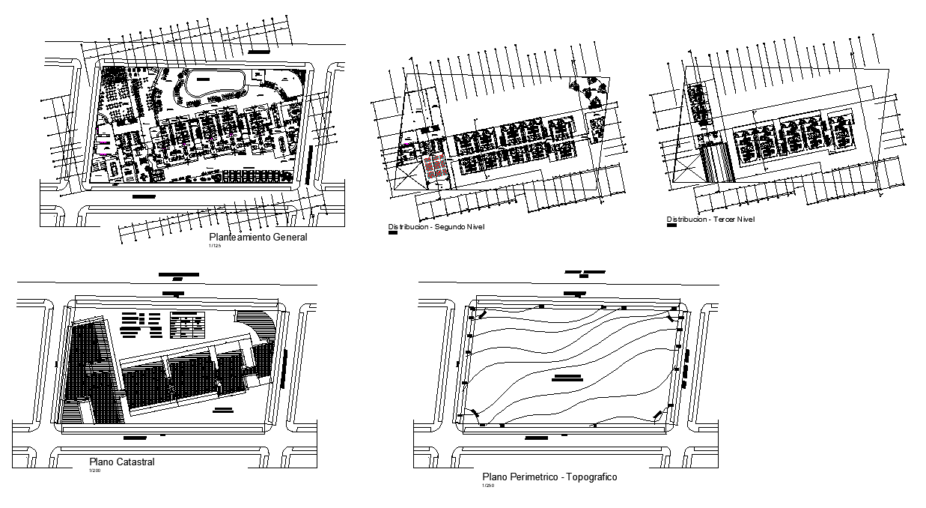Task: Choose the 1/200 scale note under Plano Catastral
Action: [x=94, y=471]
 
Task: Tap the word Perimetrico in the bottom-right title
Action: [x=532, y=477]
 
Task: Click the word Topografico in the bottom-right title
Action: [x=591, y=477]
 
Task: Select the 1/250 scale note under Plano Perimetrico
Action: [x=487, y=486]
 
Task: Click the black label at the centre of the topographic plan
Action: [x=567, y=377]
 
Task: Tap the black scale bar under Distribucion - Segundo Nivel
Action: [x=392, y=233]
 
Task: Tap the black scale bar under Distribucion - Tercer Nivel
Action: [x=671, y=226]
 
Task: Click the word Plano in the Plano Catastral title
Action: [x=101, y=462]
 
